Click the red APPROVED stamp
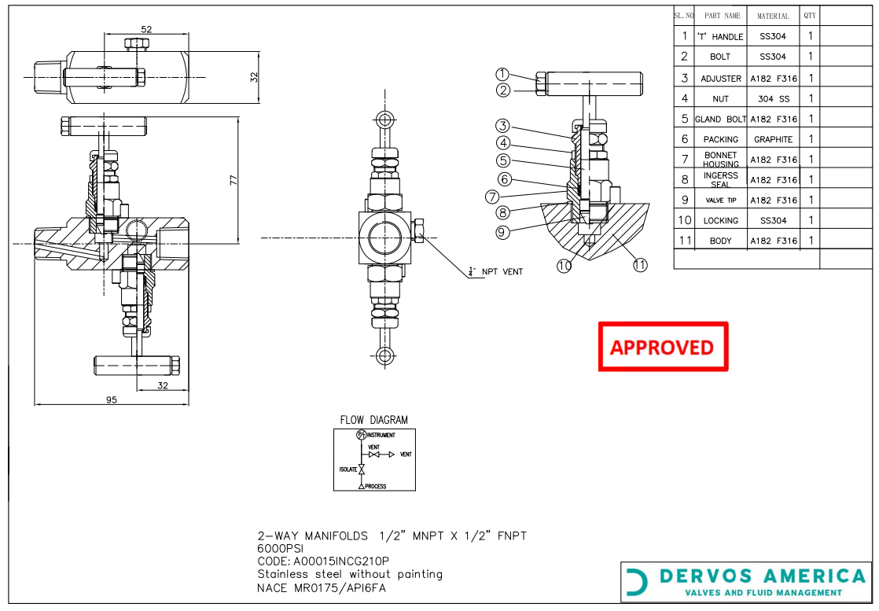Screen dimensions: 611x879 tap(662, 347)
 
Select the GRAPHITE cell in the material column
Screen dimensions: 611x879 tap(773, 139)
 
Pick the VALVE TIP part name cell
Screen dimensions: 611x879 tap(720, 201)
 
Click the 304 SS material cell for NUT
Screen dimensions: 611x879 tap(773, 99)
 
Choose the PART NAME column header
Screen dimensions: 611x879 tap(722, 16)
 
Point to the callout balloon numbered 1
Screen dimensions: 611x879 tap(503, 75)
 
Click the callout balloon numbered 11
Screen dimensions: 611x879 tap(640, 265)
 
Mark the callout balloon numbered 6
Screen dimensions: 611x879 tap(506, 179)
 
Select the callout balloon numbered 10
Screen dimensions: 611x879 tap(565, 266)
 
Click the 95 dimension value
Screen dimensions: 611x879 tap(112, 400)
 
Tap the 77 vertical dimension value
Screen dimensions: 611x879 tap(233, 180)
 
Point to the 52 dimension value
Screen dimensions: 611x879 tap(145, 29)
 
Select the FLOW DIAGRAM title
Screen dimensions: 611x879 tap(373, 420)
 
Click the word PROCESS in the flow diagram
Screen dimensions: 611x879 tap(375, 486)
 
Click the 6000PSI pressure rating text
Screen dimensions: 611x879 tap(281, 549)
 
